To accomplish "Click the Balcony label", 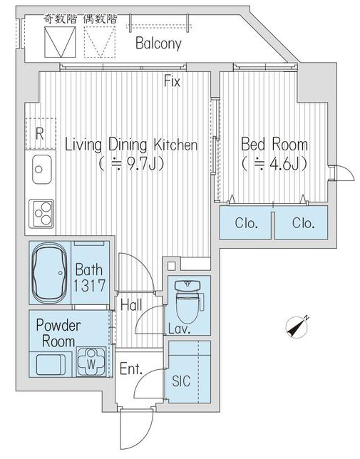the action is click(158, 43).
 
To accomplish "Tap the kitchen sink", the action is click(42, 170).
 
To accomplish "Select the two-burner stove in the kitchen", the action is click(41, 213).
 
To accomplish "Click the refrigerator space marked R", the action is click(41, 134).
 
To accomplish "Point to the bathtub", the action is click(49, 273).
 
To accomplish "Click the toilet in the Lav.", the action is click(190, 301).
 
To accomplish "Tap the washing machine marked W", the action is click(91, 362).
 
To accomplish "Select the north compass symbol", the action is click(297, 327).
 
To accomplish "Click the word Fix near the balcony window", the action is click(172, 81).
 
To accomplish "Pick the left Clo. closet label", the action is click(247, 223).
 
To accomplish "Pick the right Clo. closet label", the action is click(303, 223).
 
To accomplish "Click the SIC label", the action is click(181, 381).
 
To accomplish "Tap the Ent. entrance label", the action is click(131, 369).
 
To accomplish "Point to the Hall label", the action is click(131, 305).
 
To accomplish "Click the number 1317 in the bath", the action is click(89, 286).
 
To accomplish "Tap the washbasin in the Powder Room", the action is click(50, 364).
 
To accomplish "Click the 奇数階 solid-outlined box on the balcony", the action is click(60, 42).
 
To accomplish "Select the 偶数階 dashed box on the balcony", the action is click(100, 42).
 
